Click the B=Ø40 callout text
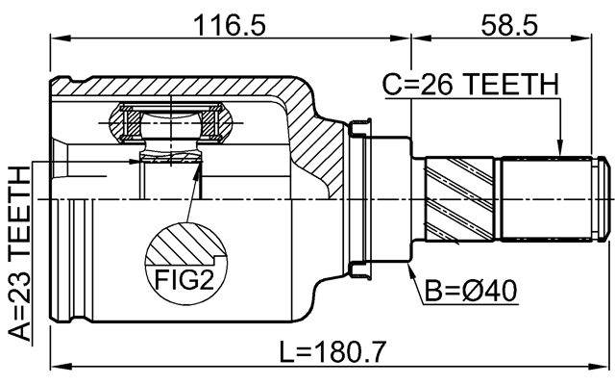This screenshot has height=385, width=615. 468,290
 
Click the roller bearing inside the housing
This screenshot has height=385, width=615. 172,125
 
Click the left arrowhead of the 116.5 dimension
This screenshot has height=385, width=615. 54,38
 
